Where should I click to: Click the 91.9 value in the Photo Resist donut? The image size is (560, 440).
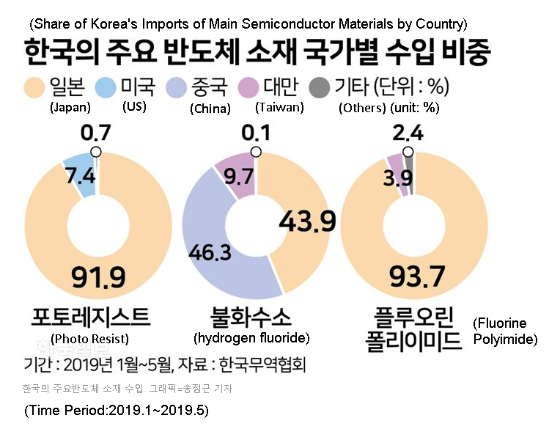point(98,277)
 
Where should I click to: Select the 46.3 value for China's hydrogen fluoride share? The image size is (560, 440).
point(210,254)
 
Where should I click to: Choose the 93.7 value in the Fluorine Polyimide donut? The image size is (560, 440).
point(417,277)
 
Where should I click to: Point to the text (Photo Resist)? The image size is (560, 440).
point(90,338)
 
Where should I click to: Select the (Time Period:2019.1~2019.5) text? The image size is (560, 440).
point(117,411)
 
